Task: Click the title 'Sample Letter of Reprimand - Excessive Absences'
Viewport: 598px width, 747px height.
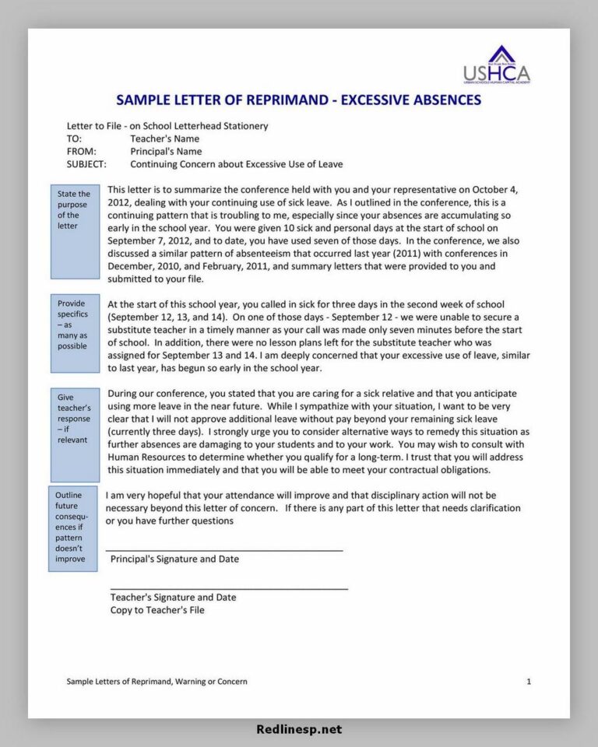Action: (x=298, y=100)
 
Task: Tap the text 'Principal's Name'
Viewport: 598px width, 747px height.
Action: (x=165, y=152)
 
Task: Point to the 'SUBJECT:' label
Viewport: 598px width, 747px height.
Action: (x=86, y=164)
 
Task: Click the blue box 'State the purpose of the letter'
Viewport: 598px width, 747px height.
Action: (x=75, y=232)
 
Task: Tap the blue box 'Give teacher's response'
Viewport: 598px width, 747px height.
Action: (x=75, y=434)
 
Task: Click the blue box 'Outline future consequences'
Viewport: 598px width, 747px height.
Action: (x=72, y=529)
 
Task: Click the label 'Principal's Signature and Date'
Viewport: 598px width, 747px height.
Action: (x=174, y=559)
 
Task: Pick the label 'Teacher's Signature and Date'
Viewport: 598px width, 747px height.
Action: (x=173, y=597)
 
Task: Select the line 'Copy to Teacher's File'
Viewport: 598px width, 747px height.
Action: (x=157, y=610)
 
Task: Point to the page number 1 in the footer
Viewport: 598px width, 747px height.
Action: (x=529, y=682)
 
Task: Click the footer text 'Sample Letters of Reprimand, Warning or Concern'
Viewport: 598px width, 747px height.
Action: (x=157, y=682)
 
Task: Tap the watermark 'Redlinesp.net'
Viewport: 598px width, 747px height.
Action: (x=299, y=730)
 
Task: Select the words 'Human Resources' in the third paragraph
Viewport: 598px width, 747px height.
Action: (x=145, y=458)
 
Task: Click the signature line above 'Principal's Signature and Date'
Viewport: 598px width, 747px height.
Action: (x=224, y=550)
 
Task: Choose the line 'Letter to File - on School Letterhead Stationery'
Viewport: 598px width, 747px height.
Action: (x=167, y=125)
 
